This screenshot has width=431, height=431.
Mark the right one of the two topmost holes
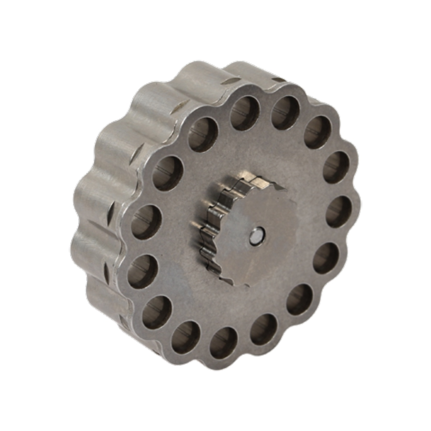pyautogui.click(x=285, y=112)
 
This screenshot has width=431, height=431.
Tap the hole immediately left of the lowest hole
pyautogui.click(x=186, y=337)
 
